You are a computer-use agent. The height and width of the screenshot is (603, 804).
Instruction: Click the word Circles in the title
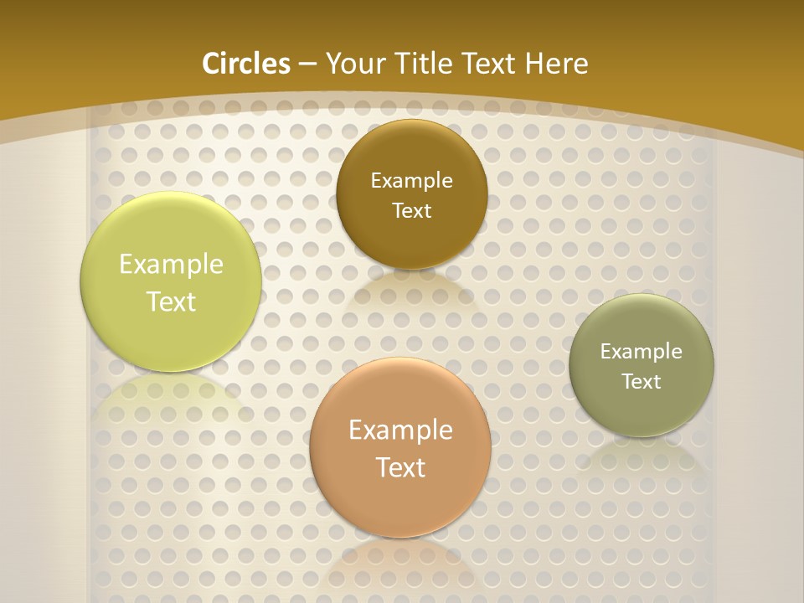point(246,64)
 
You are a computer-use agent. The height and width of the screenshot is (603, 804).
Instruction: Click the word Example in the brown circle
point(411,180)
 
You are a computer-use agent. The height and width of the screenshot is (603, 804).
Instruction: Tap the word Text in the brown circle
point(411,210)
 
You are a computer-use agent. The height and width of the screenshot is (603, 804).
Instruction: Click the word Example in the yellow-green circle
point(171,265)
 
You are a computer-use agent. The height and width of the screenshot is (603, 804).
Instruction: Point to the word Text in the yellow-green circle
point(171,301)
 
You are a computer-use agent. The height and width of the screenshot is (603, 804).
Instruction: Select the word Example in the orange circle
point(400,430)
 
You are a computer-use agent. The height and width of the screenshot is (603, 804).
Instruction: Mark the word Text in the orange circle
point(400,467)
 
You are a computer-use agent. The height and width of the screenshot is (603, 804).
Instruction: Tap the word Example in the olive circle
point(641,351)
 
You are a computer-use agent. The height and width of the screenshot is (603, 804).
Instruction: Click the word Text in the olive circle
point(641,381)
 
